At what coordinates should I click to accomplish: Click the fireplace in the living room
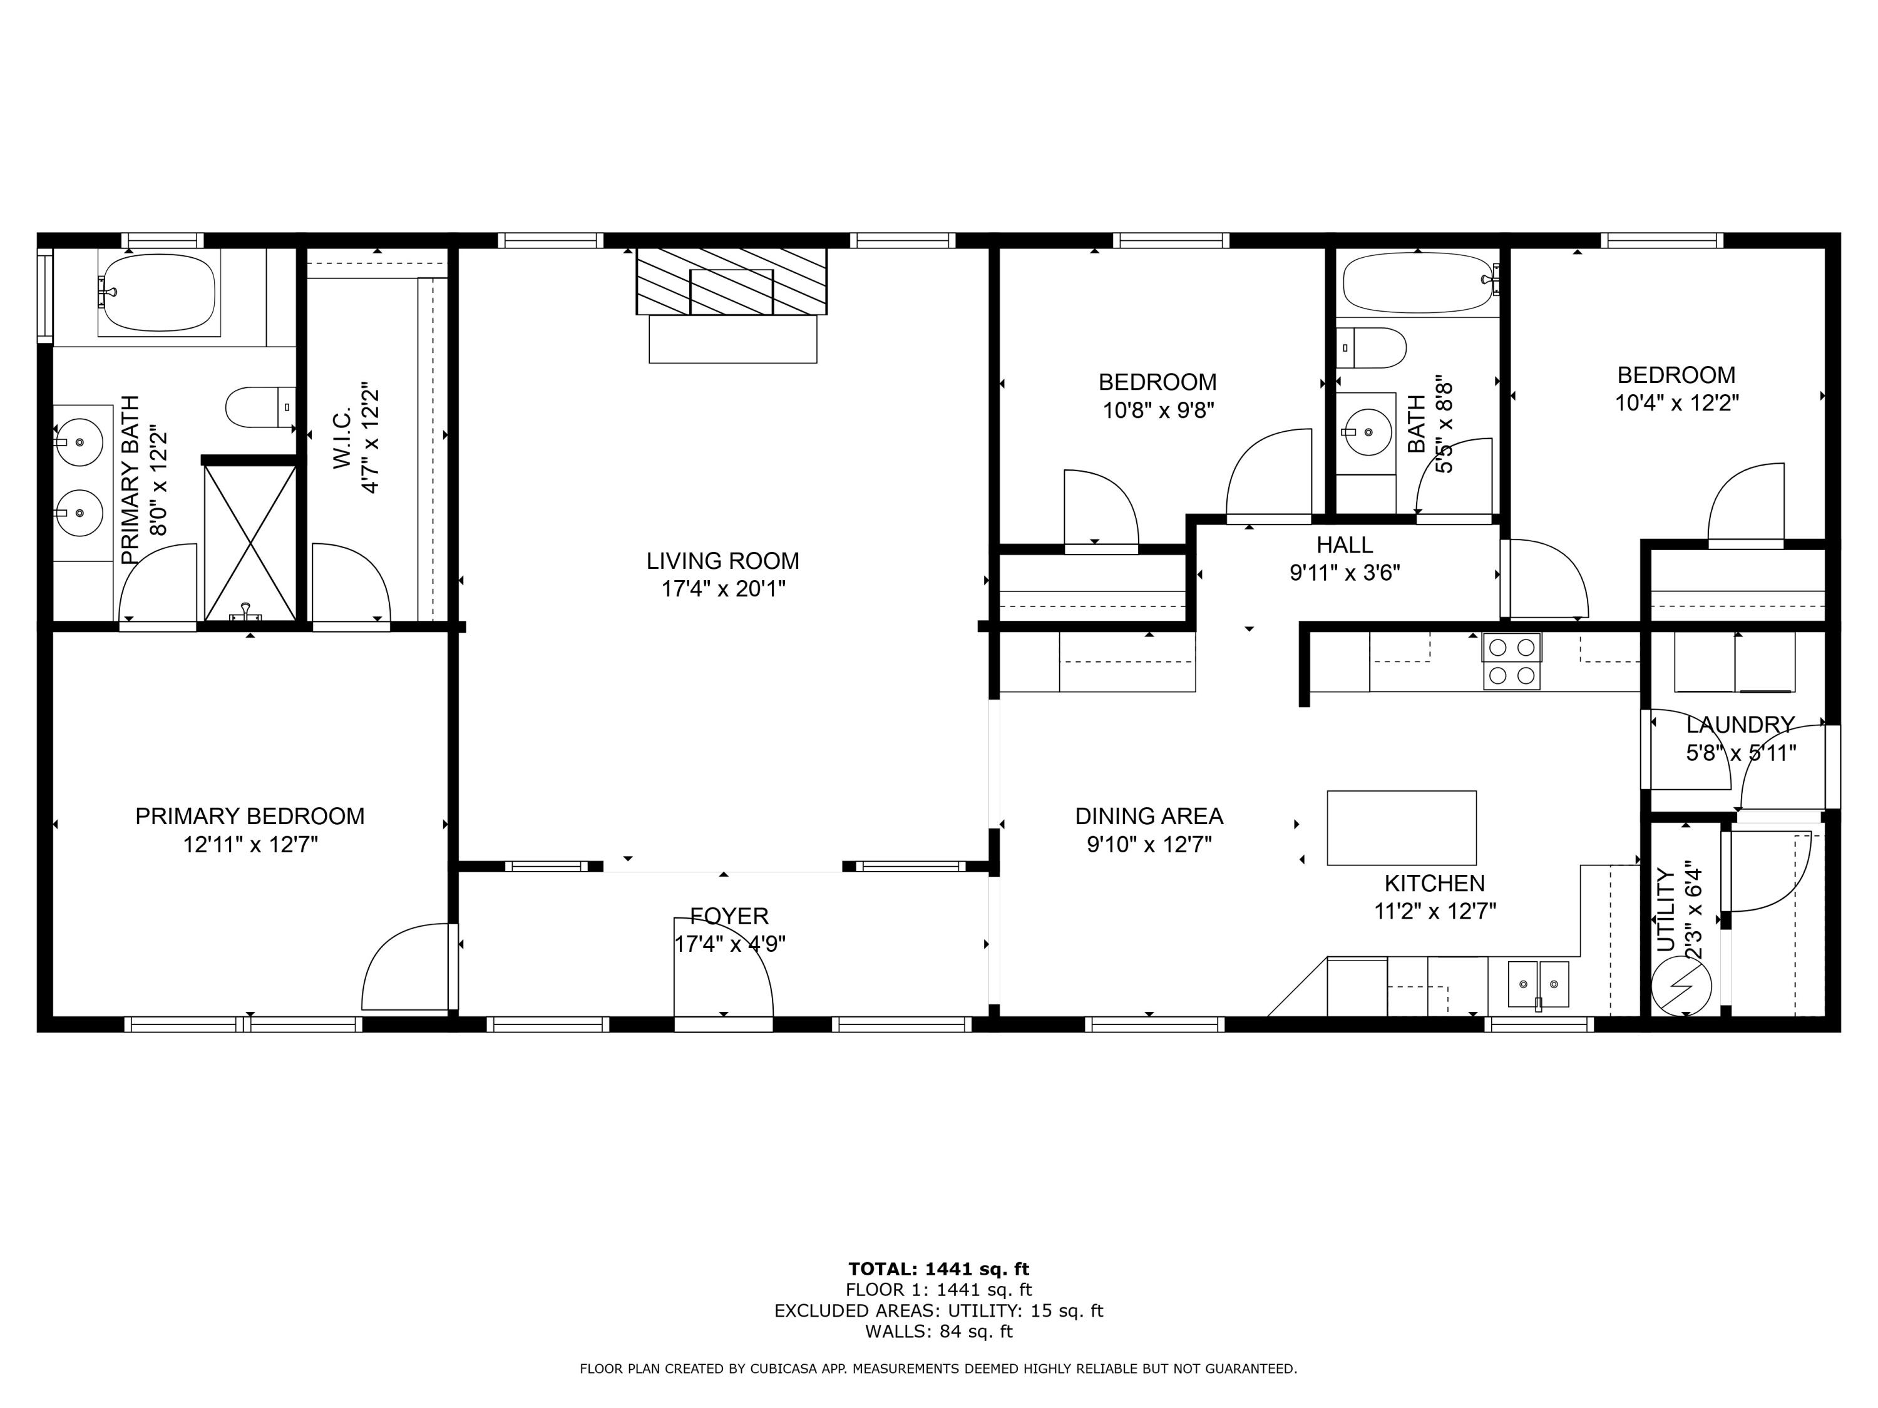click(x=731, y=282)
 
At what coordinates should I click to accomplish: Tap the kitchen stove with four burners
click(x=1511, y=661)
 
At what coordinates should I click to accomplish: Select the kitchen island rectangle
click(x=1401, y=827)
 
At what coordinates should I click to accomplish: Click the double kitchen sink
click(x=1539, y=984)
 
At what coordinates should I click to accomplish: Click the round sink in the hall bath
click(x=1367, y=432)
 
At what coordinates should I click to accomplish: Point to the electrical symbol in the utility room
click(x=1681, y=986)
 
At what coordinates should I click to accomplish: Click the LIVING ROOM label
click(x=722, y=561)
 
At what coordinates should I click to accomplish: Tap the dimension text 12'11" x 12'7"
click(x=250, y=844)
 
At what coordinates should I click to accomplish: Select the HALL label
click(x=1344, y=545)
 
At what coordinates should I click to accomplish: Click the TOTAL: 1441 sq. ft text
click(x=938, y=1269)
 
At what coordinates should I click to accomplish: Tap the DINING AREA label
click(x=1149, y=817)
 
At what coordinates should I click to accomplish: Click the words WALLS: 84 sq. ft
click(x=938, y=1332)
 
